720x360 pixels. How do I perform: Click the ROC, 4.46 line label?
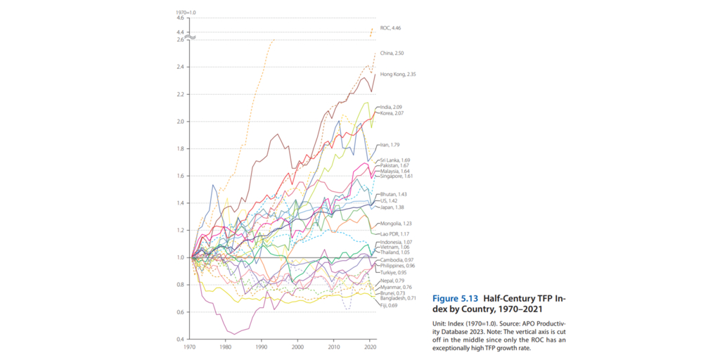coord(390,27)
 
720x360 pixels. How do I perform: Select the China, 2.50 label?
coord(392,53)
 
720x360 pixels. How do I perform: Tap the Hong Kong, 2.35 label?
coord(398,74)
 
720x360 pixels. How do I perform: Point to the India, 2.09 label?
coord(391,107)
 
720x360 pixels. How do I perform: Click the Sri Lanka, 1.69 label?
coord(394,160)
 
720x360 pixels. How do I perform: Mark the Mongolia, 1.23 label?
coord(395,223)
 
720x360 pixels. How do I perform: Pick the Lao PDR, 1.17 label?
coord(394,233)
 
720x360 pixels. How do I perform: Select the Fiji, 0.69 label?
coord(388,306)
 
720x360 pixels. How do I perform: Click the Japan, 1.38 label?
coord(392,207)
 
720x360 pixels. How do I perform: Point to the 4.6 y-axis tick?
coord(180,18)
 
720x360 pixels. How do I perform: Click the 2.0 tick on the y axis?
coord(180,122)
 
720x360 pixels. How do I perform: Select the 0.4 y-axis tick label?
coord(180,340)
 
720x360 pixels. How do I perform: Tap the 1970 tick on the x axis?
coord(190,347)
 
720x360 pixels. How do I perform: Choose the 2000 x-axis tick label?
coord(297,347)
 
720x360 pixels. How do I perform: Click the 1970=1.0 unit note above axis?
coord(185,12)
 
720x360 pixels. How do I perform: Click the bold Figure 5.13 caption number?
coord(460,298)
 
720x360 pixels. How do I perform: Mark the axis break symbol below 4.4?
coord(190,36)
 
